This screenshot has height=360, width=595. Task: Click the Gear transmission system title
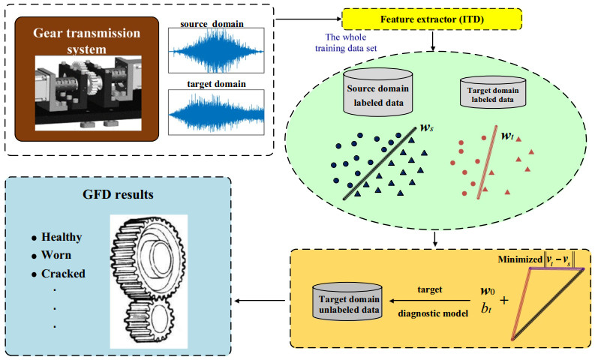click(x=88, y=40)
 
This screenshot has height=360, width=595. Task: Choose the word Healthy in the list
click(x=62, y=237)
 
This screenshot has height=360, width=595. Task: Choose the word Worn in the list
click(x=57, y=255)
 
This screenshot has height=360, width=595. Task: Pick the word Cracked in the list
click(x=63, y=273)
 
